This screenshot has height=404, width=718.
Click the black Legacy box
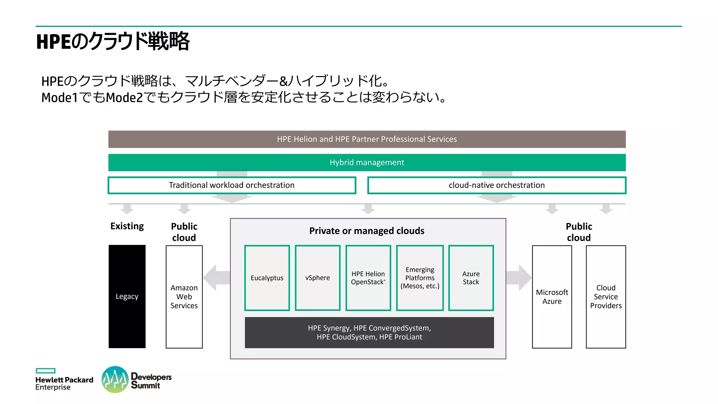coord(127,296)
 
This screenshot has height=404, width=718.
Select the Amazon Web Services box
coord(184,296)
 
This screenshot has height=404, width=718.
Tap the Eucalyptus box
coord(267,278)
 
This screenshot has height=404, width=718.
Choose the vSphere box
coord(318,278)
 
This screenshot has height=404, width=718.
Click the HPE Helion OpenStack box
coord(368,278)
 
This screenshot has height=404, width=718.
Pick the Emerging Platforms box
coord(420,278)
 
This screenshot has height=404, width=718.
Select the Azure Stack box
coord(471,278)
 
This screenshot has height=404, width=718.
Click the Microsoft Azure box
coord(552,297)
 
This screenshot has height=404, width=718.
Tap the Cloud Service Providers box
coord(606,297)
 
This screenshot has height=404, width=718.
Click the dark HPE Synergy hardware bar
coord(369,332)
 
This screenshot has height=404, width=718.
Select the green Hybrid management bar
coord(367,162)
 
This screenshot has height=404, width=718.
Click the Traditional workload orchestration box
coord(232,185)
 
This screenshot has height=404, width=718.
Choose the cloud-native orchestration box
coord(496,185)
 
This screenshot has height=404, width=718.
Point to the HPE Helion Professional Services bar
coord(367,139)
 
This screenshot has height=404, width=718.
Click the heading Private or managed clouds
coord(367,231)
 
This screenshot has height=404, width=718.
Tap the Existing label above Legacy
coord(127,226)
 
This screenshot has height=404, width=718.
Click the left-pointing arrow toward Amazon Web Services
coord(216,278)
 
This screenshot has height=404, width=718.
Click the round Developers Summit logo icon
coord(115,379)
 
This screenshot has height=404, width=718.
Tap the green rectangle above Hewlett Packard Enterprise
coord(46,371)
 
